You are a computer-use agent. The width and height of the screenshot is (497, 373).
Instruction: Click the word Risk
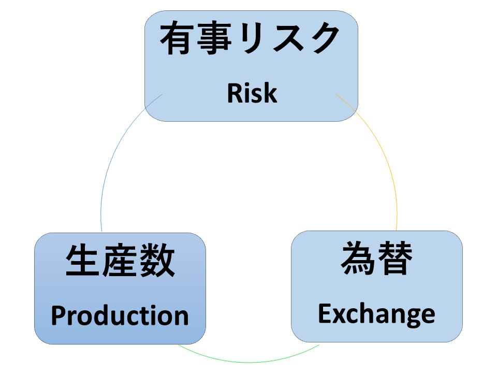[252, 93]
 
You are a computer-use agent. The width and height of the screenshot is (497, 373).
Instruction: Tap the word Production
[120, 315]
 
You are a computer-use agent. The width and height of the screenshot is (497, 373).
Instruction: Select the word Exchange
[376, 314]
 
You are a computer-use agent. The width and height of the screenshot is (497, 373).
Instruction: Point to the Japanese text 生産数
[120, 261]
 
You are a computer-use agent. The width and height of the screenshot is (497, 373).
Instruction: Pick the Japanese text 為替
[376, 257]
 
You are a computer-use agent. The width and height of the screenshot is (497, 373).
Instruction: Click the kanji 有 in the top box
[177, 38]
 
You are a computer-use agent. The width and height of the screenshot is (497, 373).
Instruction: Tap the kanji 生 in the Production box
[83, 261]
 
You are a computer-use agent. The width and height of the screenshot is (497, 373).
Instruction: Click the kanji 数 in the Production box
[157, 261]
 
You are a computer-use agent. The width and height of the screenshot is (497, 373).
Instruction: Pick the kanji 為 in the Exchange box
[358, 257]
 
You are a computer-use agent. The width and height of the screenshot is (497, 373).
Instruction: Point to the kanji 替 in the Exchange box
[395, 257]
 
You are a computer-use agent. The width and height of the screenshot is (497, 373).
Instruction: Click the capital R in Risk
[235, 93]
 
